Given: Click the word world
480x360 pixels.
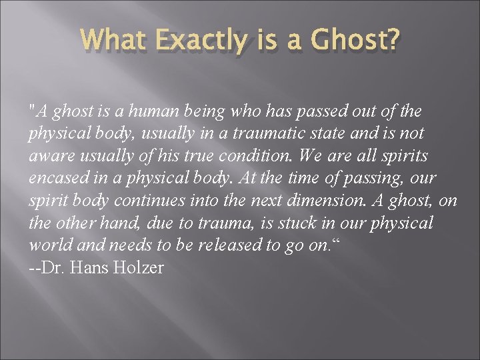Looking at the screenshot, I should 46,245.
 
